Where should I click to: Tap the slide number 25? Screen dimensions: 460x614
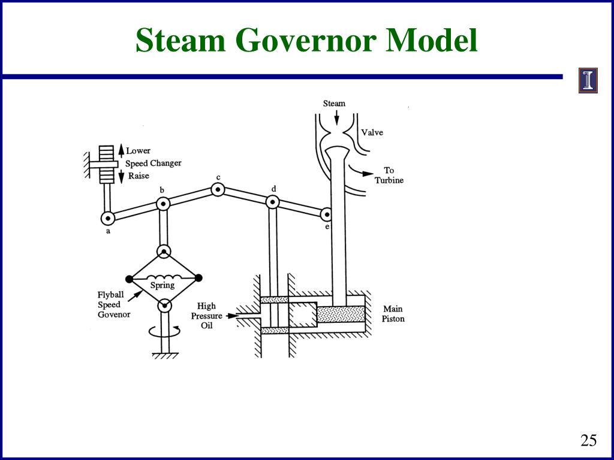point(588,441)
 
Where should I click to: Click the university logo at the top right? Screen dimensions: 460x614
point(588,81)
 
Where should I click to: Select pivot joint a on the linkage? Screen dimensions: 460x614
point(108,218)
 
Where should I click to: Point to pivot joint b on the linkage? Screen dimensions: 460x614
point(163,204)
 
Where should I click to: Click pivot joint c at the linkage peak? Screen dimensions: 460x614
point(218,190)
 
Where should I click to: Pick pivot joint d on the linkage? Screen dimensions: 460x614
point(273,202)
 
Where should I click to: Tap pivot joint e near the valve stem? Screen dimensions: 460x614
point(327,214)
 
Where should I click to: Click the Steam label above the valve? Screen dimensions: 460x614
point(334,104)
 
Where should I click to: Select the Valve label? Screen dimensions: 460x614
point(372,132)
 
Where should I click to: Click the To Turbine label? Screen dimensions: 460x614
point(389,175)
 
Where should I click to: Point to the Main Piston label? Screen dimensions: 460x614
point(393,314)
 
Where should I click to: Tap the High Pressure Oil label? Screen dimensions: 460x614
point(206,316)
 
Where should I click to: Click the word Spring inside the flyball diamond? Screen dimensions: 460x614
point(162,285)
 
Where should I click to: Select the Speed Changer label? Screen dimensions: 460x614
point(153,163)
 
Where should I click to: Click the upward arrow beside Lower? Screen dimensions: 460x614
point(121,150)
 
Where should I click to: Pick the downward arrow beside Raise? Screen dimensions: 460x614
point(121,175)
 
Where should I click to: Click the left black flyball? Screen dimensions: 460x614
point(129,278)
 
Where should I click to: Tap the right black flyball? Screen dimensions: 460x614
point(198,277)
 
